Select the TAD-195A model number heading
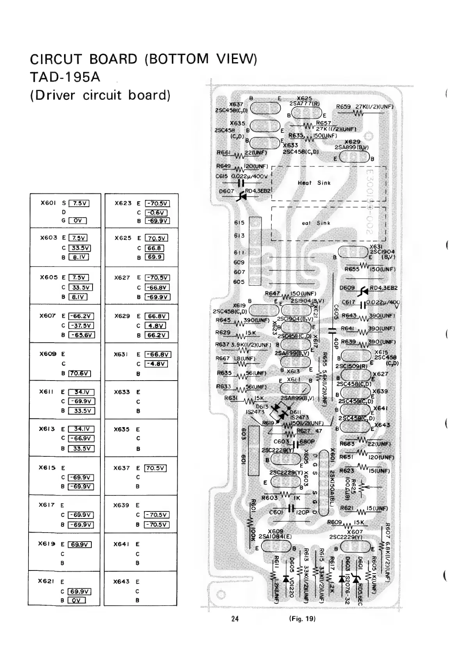coord(65,77)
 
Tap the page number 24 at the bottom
coord(234,619)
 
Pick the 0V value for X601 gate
coord(77,221)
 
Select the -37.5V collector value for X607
coord(81,325)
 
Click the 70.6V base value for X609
coord(80,373)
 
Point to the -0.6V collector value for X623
coord(156,213)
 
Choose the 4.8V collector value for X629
coord(155,325)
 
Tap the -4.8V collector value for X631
coord(156,364)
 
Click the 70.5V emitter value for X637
coord(156,468)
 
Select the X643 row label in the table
coord(121,581)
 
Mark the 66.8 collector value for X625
coord(155,248)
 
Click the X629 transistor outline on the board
coord(354,158)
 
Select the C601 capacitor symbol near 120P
coord(290,508)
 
